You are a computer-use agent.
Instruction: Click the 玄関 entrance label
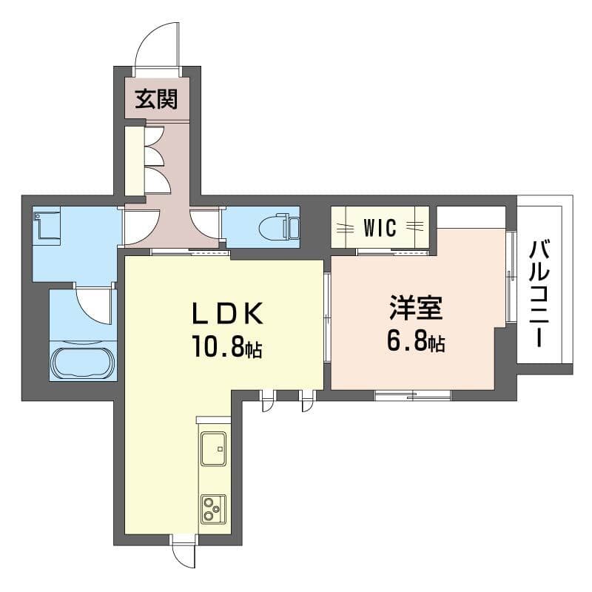point(156,99)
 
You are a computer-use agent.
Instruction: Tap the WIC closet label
point(380,227)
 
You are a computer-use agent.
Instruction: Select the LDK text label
point(228,313)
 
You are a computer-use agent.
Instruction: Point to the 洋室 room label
point(416,308)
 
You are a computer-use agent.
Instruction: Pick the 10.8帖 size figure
point(227,346)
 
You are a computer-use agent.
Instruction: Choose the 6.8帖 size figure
point(416,340)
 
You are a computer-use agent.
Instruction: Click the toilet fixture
point(279,227)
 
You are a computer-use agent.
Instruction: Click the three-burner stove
point(213,509)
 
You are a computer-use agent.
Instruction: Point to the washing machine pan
point(47,226)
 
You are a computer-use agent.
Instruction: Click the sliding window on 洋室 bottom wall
point(413,395)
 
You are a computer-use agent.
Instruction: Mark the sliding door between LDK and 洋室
point(327,317)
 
